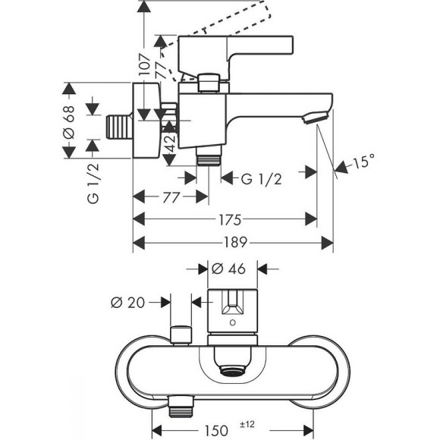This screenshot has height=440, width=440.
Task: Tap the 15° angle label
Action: (x=363, y=162)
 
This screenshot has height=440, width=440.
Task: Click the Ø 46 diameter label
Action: (x=228, y=268)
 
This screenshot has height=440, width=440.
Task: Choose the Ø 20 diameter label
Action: (x=128, y=302)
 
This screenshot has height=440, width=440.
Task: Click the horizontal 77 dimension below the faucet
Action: (x=170, y=196)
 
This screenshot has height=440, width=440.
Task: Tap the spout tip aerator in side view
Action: (x=313, y=117)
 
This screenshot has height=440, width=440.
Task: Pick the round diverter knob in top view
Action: (x=180, y=334)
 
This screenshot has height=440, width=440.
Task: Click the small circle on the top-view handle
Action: (x=231, y=322)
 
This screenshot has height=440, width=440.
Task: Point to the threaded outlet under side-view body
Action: (x=206, y=158)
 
